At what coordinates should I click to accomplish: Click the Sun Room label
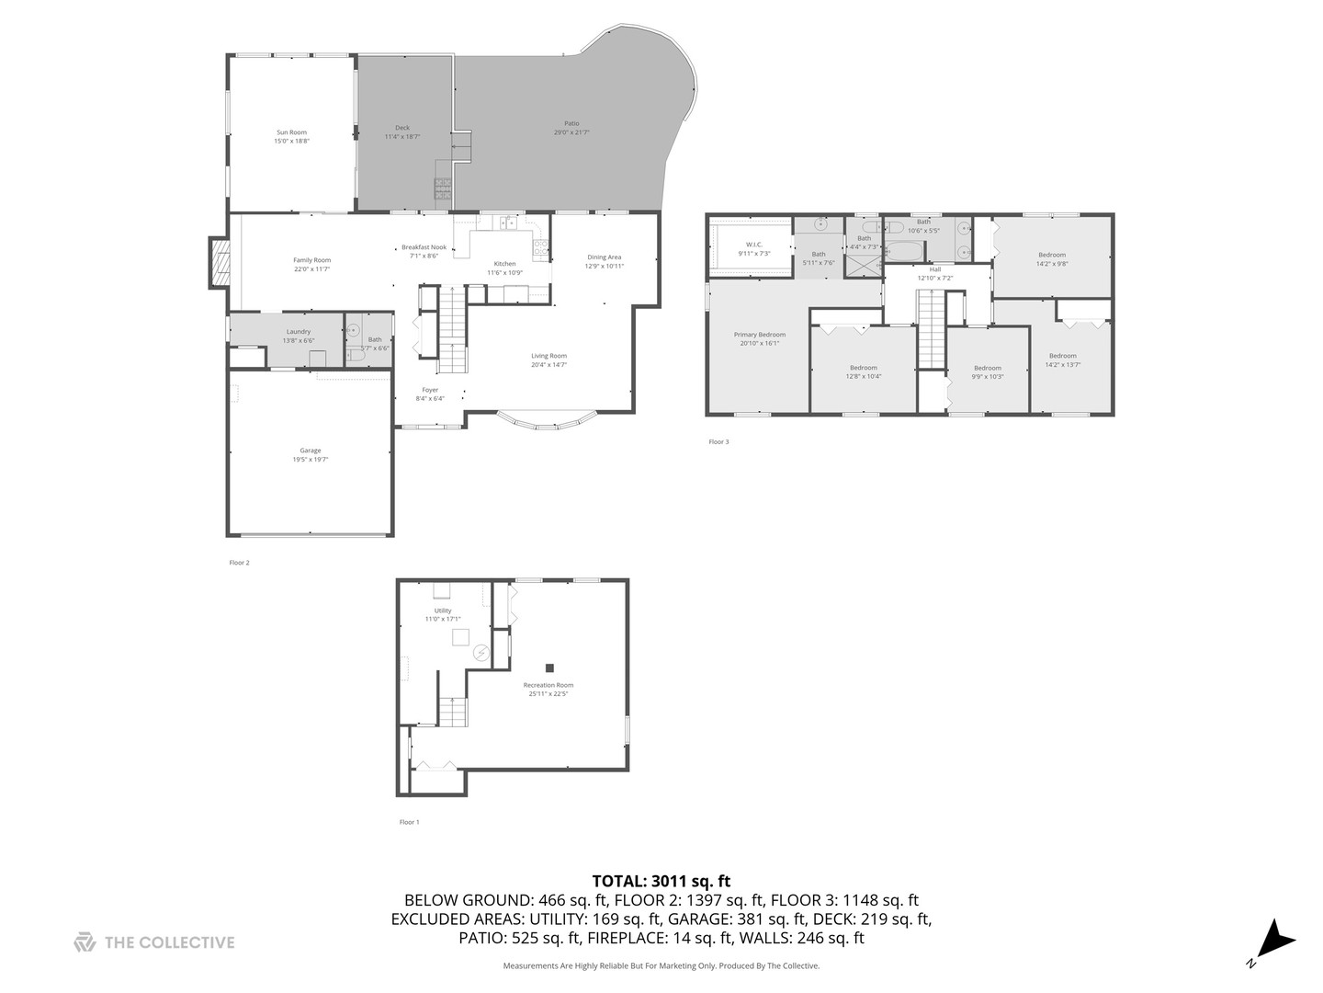(291, 132)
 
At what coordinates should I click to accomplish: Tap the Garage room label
(311, 451)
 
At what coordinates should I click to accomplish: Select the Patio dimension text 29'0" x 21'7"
(571, 132)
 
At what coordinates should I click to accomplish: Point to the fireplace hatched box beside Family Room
(219, 263)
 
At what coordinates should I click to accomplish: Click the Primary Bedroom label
(759, 335)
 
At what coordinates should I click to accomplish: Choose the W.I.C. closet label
(753, 245)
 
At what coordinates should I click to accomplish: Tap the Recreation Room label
(548, 685)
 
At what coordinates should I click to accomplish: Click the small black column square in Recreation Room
(549, 668)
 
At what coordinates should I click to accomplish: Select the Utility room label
(443, 611)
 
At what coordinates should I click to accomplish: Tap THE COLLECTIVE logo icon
(85, 942)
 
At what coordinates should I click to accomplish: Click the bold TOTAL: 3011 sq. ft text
(661, 881)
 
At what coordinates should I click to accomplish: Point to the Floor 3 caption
(718, 442)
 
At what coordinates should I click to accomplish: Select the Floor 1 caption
(409, 822)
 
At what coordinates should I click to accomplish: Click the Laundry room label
(299, 331)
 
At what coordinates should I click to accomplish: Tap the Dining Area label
(604, 257)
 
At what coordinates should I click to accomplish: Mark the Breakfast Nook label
(424, 247)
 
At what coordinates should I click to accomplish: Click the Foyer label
(430, 390)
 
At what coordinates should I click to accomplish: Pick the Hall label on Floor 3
(934, 269)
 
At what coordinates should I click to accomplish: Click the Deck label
(402, 128)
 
